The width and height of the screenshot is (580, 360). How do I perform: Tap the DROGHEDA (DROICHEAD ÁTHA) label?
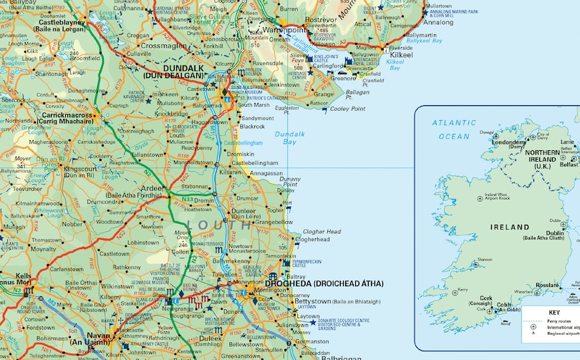pos(334,283)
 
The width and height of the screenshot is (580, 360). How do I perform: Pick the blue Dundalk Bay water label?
pos(289,138)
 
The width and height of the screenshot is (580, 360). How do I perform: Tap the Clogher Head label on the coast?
pos(322,232)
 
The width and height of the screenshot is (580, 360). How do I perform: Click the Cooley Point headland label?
pos(347,109)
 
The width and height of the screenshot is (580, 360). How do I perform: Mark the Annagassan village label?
pos(265,172)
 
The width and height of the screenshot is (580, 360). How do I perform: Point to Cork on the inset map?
pos(486,298)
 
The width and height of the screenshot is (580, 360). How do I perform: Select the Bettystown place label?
pos(312,302)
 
